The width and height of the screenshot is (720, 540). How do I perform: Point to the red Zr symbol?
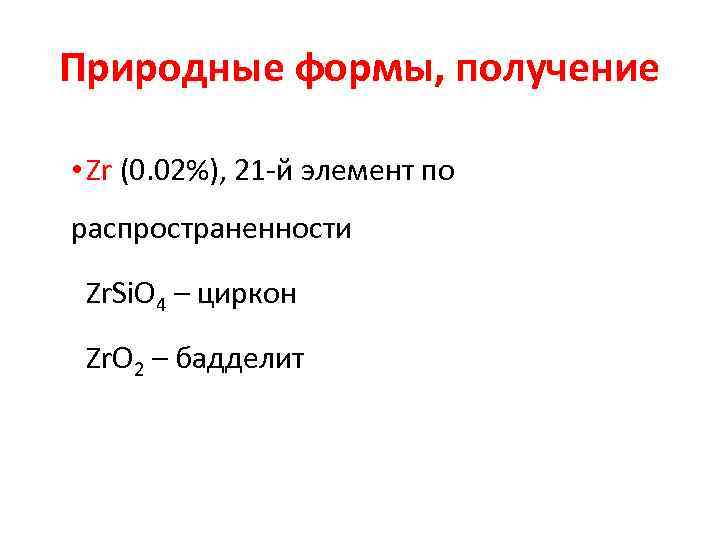[x=99, y=171]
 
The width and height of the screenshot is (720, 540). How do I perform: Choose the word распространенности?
[x=211, y=231]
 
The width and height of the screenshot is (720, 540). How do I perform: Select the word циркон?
[x=246, y=294]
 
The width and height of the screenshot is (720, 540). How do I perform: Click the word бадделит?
[x=238, y=357]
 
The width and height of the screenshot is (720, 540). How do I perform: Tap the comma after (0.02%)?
[x=231, y=180]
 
